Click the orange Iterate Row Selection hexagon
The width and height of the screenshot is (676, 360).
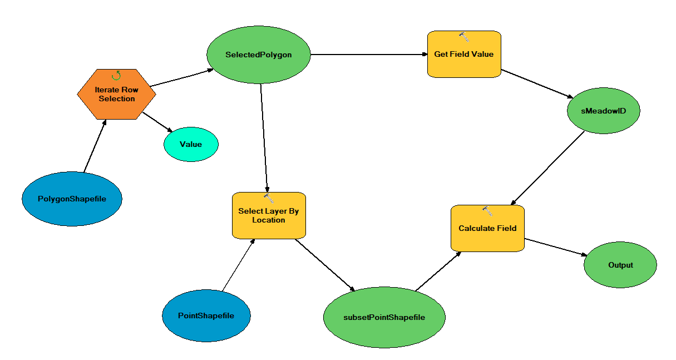click(116, 94)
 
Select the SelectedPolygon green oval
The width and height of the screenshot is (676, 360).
click(258, 55)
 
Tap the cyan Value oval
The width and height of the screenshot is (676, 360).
click(191, 144)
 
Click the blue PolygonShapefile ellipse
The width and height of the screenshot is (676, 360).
click(72, 199)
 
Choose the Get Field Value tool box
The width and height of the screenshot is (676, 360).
click(464, 55)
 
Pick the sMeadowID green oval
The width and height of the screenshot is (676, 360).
click(604, 110)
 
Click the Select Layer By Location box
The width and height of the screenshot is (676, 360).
click(269, 216)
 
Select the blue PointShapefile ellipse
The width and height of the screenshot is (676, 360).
click(206, 315)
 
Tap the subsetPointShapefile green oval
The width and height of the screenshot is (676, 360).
click(384, 317)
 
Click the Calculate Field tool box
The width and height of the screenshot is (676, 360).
click(487, 228)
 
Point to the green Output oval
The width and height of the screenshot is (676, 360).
click(620, 265)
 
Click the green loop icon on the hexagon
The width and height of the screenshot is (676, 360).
click(116, 76)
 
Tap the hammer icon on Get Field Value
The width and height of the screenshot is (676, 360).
click(465, 37)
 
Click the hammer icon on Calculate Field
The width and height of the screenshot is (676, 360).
click(487, 211)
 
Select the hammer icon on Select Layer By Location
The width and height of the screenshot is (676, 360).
click(269, 198)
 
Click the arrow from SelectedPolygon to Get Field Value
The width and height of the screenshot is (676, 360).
click(367, 55)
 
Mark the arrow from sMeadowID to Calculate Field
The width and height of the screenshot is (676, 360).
click(548, 169)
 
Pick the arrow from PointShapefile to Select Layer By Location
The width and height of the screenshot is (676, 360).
click(239, 265)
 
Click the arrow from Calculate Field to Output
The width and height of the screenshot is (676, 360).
click(555, 248)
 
